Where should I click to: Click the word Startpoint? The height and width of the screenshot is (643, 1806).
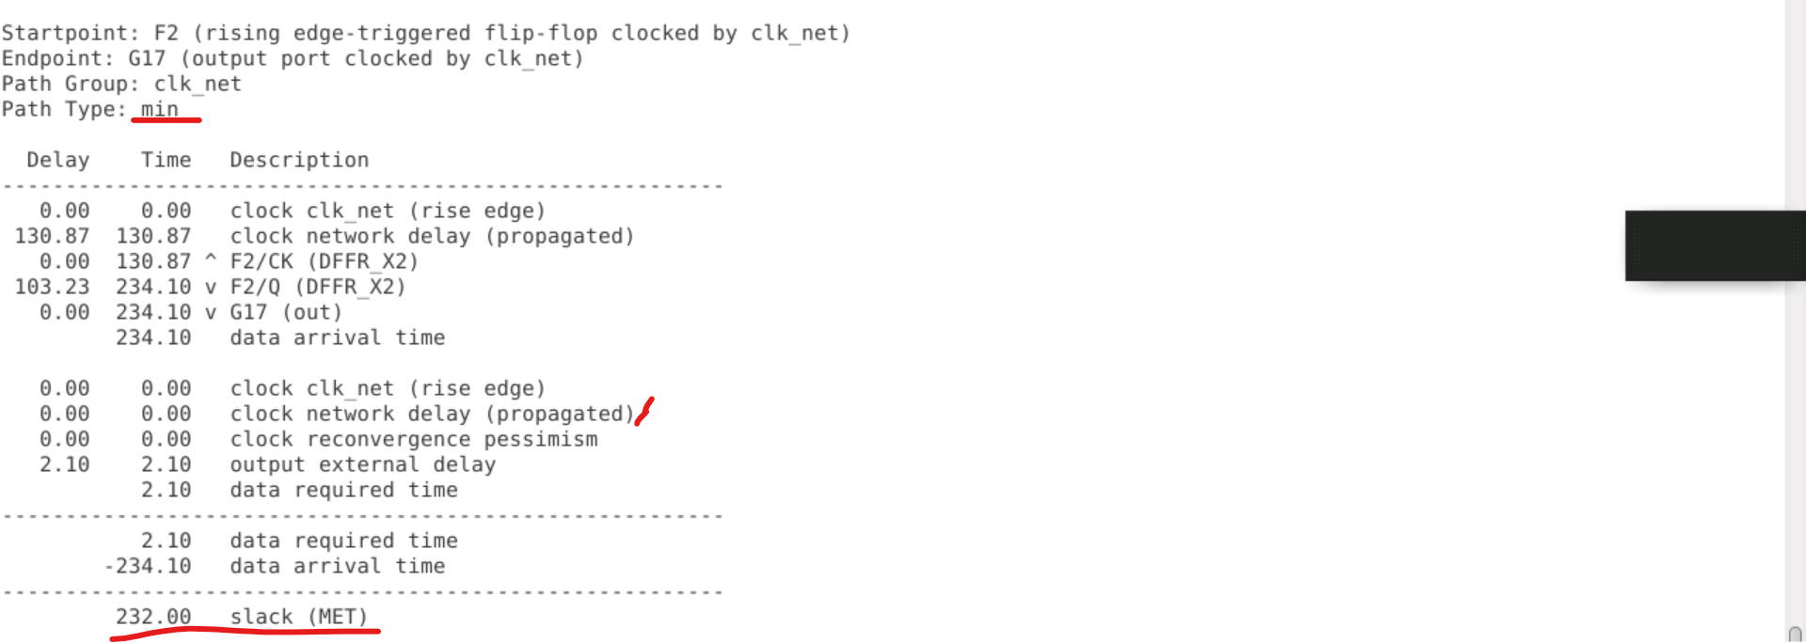click(64, 33)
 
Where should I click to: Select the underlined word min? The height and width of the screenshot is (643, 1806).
click(159, 109)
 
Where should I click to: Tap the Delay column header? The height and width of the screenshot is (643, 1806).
click(57, 160)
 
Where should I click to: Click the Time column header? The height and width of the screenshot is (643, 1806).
click(166, 160)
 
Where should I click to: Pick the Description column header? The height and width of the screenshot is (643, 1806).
click(299, 160)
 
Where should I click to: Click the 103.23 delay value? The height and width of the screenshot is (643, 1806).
click(52, 287)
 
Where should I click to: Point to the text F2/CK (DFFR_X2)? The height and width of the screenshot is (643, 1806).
click(324, 261)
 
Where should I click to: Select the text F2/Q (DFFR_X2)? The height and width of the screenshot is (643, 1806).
click(318, 287)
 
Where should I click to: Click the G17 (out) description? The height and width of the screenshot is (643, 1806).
click(286, 312)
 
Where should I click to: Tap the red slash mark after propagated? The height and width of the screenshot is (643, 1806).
click(644, 411)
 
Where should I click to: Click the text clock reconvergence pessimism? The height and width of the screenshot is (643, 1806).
click(414, 439)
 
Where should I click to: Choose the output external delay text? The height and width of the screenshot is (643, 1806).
click(362, 464)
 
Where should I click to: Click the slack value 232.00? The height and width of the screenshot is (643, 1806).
click(153, 617)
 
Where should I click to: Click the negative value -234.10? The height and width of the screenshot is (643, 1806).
click(148, 566)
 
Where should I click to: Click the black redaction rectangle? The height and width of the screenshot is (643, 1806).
click(1715, 245)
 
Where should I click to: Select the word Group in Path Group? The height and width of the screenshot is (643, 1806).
click(102, 84)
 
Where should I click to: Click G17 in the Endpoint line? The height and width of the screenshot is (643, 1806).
click(147, 58)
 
